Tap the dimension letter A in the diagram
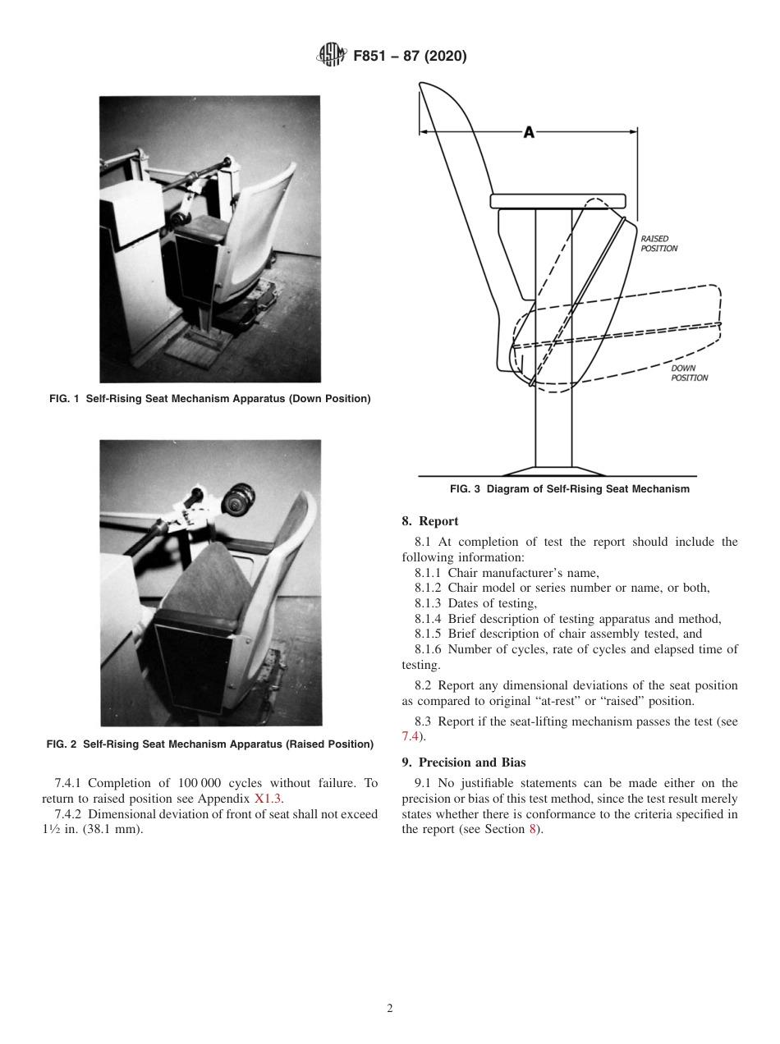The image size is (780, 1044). [529, 132]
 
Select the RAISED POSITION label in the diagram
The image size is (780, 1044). [658, 244]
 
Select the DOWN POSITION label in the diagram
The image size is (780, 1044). [689, 373]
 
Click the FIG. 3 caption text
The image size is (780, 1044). [569, 489]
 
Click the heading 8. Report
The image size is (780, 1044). [429, 521]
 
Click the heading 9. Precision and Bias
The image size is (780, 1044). [463, 762]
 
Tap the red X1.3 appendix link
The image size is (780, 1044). [268, 799]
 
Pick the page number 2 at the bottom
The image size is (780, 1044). [390, 1009]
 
